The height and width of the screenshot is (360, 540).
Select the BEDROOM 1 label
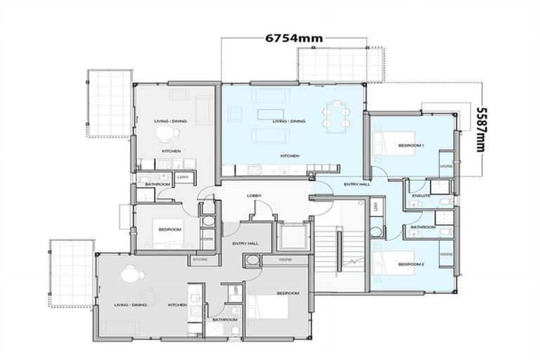click(x=411, y=145)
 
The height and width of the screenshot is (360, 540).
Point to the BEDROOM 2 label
click(x=411, y=264)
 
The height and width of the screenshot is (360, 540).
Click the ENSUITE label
click(x=421, y=196)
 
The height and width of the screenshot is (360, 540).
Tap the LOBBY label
click(x=254, y=195)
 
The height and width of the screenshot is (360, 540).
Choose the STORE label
click(x=200, y=260)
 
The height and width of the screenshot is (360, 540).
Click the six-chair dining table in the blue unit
click(x=336, y=115)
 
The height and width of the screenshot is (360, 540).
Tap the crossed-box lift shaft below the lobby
click(x=290, y=234)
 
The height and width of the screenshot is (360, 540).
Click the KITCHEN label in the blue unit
click(x=290, y=155)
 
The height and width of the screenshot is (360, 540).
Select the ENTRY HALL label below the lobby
click(x=244, y=243)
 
